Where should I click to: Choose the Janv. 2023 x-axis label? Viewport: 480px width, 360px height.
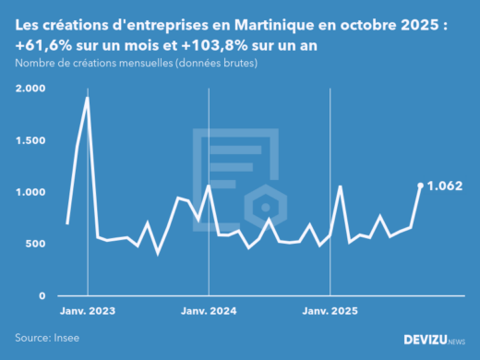click(x=87, y=311)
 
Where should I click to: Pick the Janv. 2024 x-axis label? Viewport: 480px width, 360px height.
click(x=209, y=311)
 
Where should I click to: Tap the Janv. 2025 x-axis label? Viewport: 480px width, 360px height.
click(x=330, y=311)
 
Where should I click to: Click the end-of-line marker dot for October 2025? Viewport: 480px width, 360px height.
click(x=421, y=186)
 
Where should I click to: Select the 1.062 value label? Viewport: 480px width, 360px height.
click(x=445, y=186)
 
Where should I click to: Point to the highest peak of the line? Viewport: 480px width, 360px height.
click(x=87, y=97)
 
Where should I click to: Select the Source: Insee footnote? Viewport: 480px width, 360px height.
click(x=47, y=338)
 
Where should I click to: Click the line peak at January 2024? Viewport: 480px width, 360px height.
click(x=209, y=186)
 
